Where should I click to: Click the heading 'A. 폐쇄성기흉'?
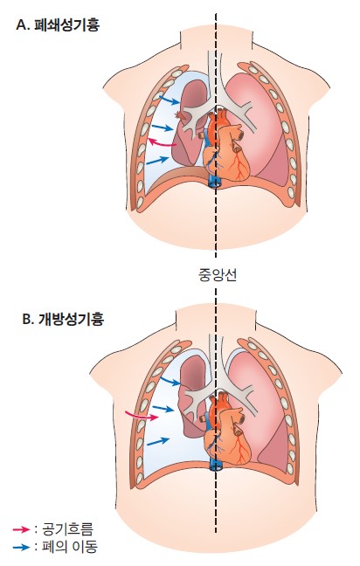(x=58, y=25)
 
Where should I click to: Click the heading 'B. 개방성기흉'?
(x=63, y=320)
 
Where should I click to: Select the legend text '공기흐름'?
(x=67, y=529)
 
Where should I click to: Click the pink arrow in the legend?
(x=21, y=529)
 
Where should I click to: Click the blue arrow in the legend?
(x=21, y=547)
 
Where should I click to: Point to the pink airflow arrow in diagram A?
(x=162, y=143)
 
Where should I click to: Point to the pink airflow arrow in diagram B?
(x=142, y=415)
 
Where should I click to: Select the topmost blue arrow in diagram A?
(x=170, y=100)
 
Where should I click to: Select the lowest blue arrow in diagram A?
(x=157, y=160)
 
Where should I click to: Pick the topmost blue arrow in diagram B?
(x=170, y=381)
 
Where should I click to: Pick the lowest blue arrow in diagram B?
(x=158, y=441)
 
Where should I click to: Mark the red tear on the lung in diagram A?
(x=180, y=115)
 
